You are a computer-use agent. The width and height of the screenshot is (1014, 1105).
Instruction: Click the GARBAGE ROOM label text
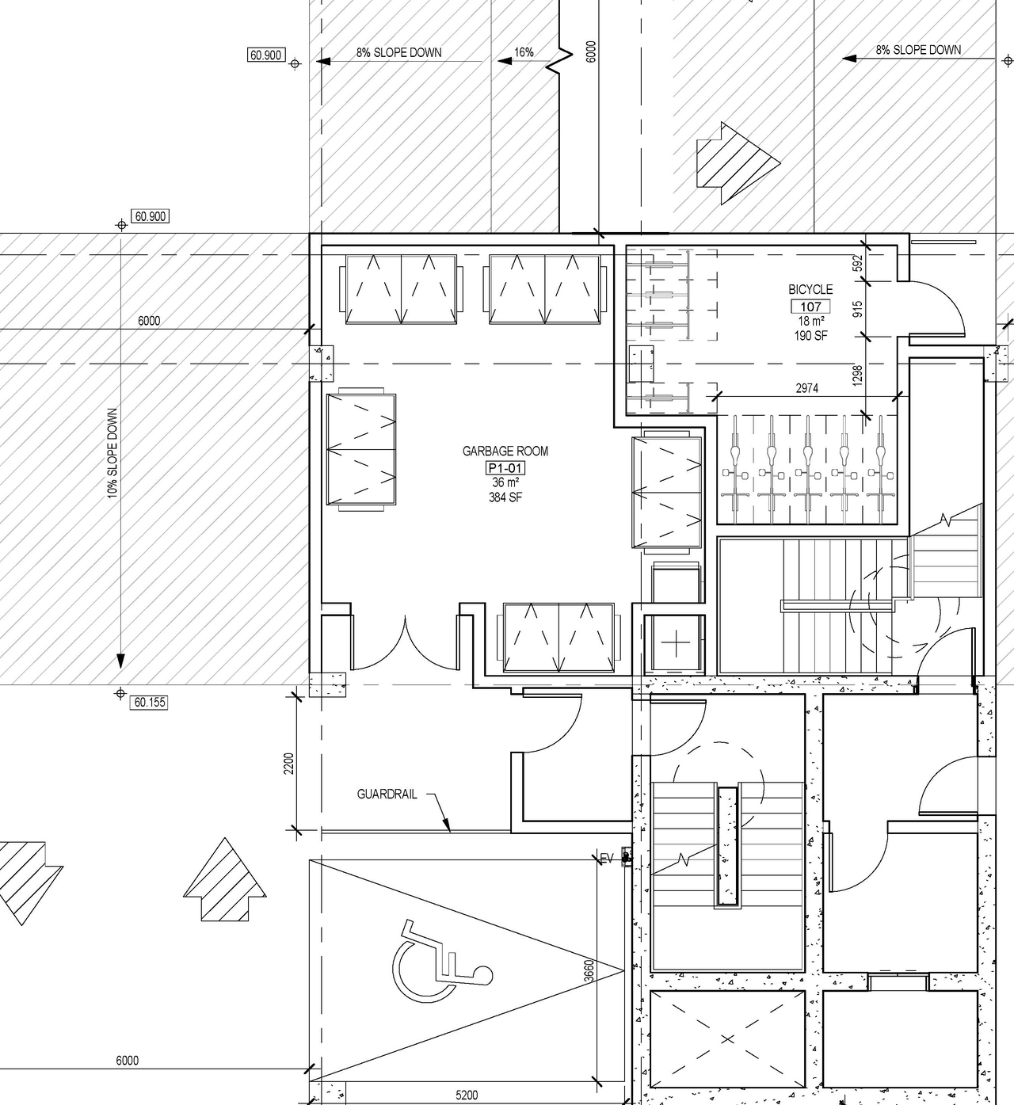505,452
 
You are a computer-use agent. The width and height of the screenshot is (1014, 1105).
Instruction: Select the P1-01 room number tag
505,468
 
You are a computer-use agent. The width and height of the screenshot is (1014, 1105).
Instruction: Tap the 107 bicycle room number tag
810,307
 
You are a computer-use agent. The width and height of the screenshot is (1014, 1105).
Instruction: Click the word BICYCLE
810,290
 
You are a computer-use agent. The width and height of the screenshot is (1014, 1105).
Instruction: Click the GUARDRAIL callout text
387,794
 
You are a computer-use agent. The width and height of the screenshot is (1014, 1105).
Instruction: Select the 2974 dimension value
807,388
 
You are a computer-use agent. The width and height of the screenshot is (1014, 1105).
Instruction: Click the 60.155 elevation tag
150,702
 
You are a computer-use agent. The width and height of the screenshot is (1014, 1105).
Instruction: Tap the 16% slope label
524,52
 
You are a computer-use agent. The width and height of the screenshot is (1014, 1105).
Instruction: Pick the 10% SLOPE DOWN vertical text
112,453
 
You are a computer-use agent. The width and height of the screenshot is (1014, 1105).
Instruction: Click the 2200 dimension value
289,764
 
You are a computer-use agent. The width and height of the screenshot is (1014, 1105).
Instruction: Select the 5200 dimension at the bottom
467,1095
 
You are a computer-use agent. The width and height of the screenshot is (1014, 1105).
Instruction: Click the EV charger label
608,858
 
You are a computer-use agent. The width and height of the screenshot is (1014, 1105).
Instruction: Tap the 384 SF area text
505,497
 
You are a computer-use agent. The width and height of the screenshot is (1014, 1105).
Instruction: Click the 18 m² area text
810,322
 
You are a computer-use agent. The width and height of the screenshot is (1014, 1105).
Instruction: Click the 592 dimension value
857,264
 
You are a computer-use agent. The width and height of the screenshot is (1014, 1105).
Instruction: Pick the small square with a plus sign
675,644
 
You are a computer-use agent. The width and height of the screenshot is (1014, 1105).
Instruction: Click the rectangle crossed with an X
727,1038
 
